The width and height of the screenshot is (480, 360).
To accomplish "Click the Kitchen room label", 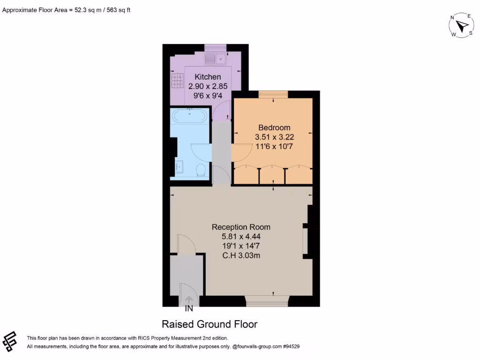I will tap(208, 77).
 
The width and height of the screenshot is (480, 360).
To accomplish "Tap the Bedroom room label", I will tap(274, 127).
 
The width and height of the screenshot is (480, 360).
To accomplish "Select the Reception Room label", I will tap(241, 227).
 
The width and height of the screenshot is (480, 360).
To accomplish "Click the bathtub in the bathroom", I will tap(190, 115).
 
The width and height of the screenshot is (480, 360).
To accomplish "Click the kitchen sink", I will tap(216, 59).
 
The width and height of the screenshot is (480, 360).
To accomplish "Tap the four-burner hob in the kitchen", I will tap(177, 81).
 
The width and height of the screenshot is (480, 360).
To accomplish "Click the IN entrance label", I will tap(189, 309).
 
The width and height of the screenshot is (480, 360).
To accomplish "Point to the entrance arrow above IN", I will tap(189, 300).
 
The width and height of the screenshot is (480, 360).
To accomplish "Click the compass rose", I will tap(461, 25).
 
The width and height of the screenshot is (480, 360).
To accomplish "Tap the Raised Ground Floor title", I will tap(210, 324).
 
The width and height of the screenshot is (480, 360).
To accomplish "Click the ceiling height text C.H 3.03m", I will tap(241, 255).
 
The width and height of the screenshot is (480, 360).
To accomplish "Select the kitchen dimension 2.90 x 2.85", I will tap(208, 86).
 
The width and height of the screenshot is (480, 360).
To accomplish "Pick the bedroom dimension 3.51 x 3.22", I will tap(274, 137).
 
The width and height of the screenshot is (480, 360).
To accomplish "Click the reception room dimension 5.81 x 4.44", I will tap(241, 237).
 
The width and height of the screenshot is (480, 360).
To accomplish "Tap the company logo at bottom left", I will tap(10, 341).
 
